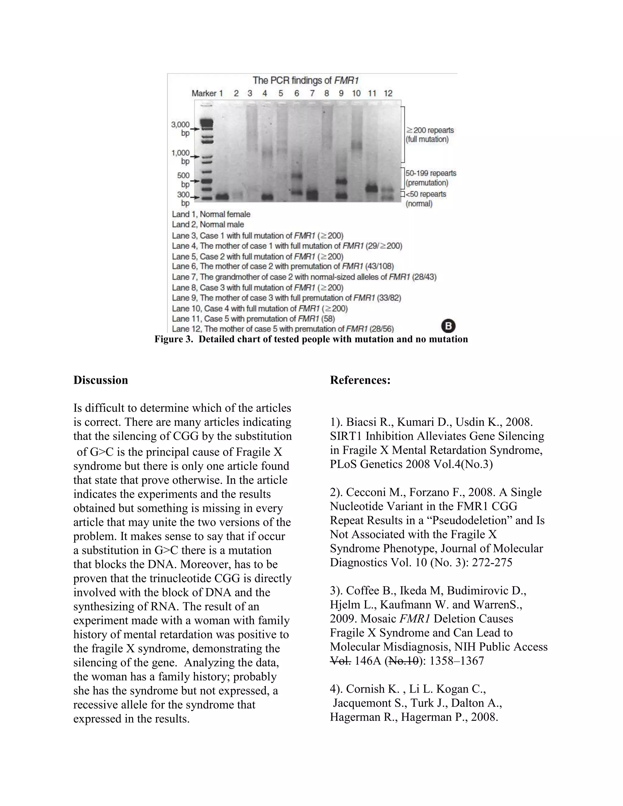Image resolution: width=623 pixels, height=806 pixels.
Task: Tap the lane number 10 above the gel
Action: [x=356, y=93]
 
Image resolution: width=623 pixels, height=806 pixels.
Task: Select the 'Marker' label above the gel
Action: [x=204, y=93]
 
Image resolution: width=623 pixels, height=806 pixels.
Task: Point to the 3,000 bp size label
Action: [x=180, y=129]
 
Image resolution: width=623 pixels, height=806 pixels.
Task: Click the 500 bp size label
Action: [x=183, y=180]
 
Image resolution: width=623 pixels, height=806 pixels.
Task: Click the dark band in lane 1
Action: [x=222, y=197]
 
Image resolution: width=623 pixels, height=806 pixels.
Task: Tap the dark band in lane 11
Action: [x=372, y=189]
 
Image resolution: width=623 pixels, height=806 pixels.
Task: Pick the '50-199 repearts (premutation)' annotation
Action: [x=430, y=178]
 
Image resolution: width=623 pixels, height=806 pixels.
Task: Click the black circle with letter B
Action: [x=448, y=326]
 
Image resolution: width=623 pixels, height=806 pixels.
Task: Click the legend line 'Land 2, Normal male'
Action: [x=208, y=224]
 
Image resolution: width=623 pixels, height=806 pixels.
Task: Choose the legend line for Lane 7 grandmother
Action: [x=304, y=277]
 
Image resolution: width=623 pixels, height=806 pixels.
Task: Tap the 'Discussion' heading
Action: [x=100, y=380]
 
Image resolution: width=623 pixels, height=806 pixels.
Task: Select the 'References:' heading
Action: [x=360, y=380]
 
